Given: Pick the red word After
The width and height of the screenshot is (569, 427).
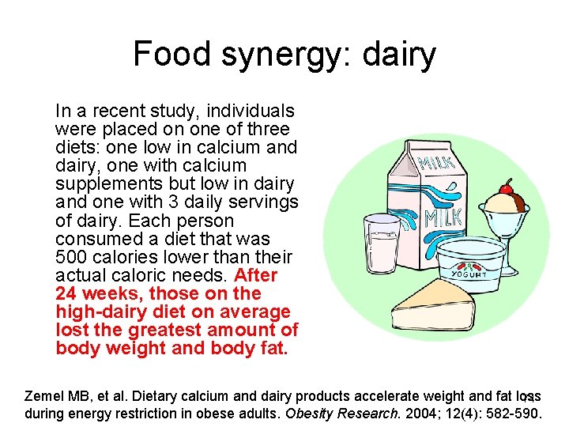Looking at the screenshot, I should (256, 275).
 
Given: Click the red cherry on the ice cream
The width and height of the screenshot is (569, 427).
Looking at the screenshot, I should (505, 188).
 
